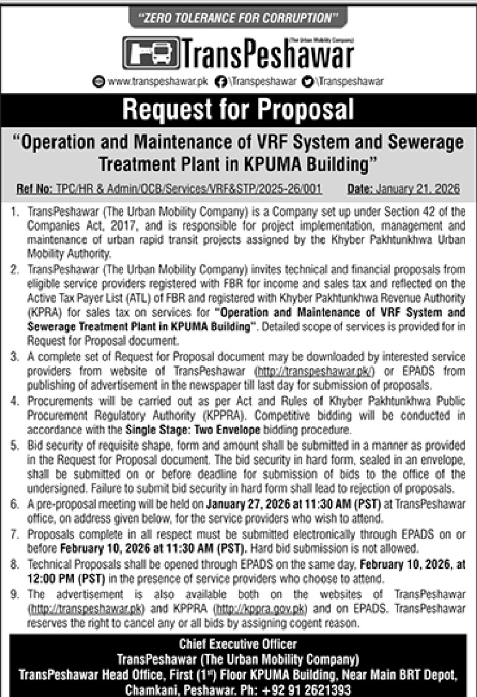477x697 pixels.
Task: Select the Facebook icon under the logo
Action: (x=219, y=81)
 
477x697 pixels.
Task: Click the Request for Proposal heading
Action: (x=238, y=109)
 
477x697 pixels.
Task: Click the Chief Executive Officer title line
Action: (x=238, y=644)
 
